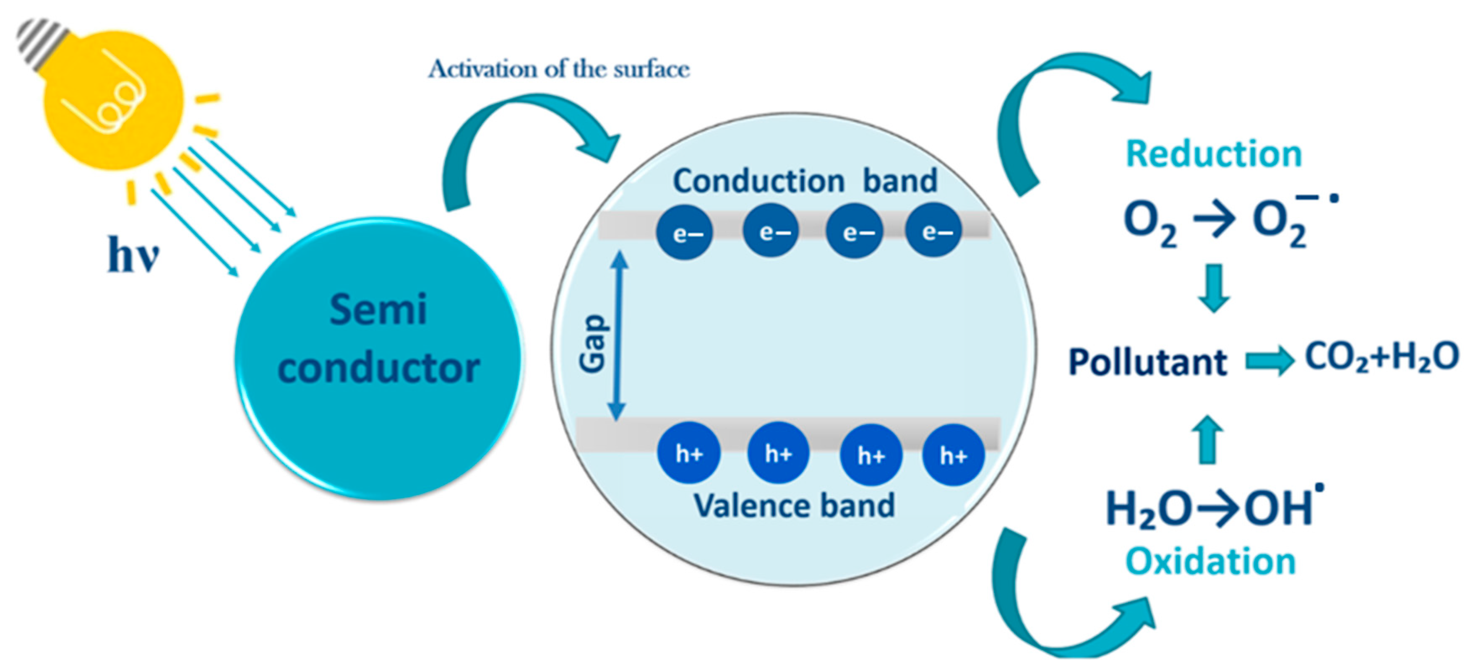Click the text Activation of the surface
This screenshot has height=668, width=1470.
pos(559,70)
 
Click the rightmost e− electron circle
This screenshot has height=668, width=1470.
pos(933,231)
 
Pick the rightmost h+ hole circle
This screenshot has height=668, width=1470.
pos(953,455)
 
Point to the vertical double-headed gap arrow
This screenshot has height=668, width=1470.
pos(618,337)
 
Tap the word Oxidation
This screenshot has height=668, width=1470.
pos(1210,562)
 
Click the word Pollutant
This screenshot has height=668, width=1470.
pos(1147,362)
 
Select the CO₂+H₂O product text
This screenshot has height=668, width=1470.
pos(1381,358)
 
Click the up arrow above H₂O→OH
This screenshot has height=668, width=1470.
pos(1207,439)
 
